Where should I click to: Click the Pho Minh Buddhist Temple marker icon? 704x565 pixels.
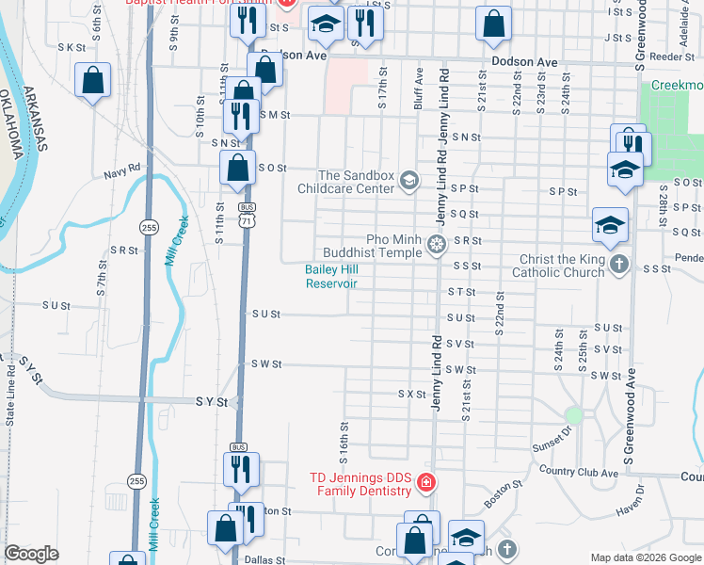436,246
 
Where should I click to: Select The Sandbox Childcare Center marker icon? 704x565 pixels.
408,180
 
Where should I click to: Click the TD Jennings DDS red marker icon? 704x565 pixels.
425,483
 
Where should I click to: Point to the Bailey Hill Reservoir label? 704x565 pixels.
332,276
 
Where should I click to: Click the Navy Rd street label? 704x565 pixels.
122,168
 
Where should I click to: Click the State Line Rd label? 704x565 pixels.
12,399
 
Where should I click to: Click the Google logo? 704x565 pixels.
32,554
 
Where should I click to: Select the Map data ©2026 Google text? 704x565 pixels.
645,557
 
